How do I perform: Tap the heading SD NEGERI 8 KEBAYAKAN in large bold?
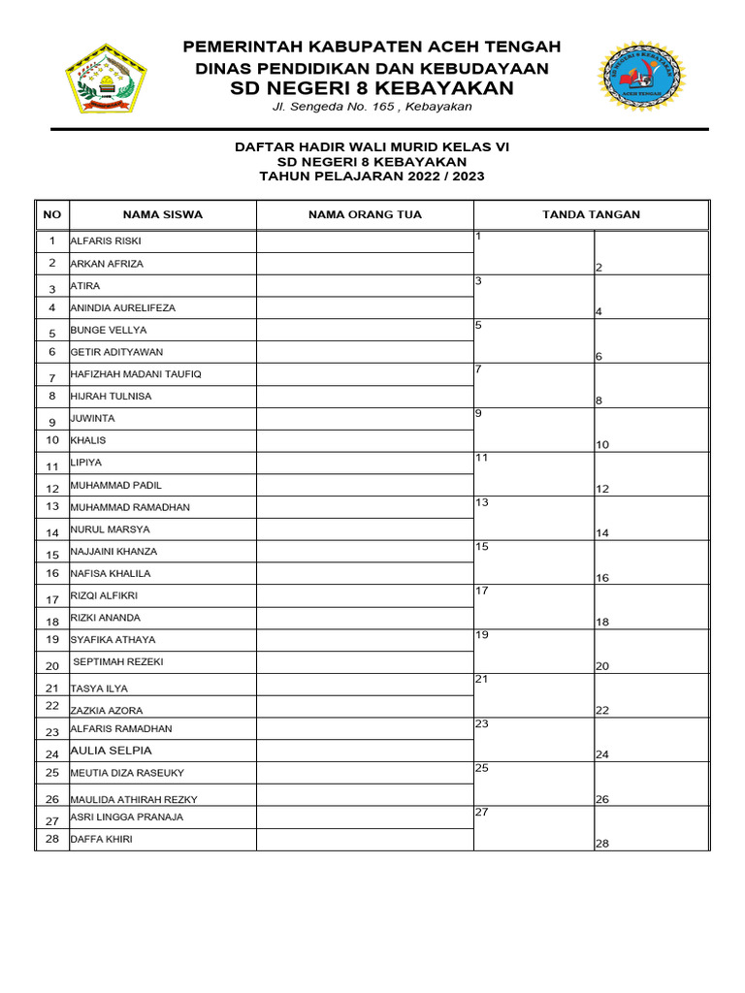372,88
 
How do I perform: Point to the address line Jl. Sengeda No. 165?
372,107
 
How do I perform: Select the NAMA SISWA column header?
162,214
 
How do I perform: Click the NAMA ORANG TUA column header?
365,214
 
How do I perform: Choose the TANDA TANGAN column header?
591,214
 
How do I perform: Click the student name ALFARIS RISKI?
106,240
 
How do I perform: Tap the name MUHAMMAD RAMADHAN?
130,507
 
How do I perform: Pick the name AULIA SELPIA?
111,751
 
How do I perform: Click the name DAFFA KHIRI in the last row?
101,840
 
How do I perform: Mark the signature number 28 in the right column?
601,844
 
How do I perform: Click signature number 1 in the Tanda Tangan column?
479,237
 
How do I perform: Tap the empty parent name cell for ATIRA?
365,286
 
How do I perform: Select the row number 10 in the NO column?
52,440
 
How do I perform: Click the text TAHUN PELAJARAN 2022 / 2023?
372,176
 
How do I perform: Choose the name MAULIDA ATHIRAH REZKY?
133,799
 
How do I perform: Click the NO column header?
52,214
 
